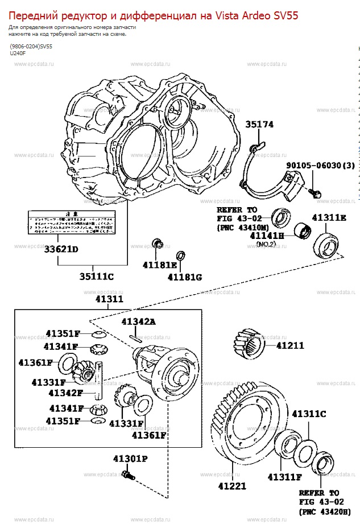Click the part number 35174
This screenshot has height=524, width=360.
(259, 125)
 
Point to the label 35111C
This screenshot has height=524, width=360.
(97, 277)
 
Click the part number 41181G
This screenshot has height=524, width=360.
(185, 277)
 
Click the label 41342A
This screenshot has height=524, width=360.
(138, 321)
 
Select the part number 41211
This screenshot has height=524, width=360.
(290, 345)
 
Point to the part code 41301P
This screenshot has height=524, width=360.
(130, 458)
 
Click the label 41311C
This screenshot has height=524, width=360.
(309, 414)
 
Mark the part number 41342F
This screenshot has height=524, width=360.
(65, 393)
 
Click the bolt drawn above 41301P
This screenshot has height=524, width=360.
(130, 472)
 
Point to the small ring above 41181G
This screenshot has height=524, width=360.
(181, 255)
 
